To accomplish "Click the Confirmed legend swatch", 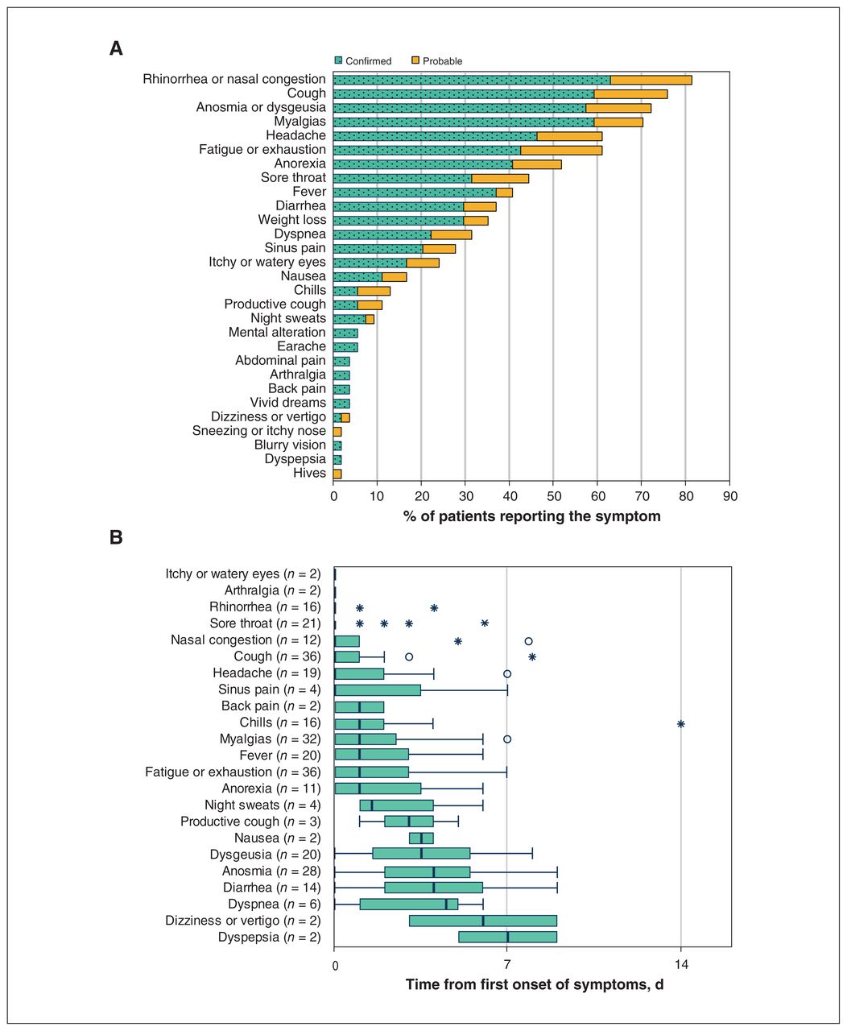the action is coord(338,60).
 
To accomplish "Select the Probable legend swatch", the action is coord(415,60).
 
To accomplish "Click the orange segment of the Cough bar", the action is coord(630,94).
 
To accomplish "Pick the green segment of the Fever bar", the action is coord(415,193).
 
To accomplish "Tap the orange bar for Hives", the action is coord(337,474).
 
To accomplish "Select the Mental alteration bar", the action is coord(345,333).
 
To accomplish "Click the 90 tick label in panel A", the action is coord(730,496).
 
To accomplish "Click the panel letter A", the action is coord(116,48).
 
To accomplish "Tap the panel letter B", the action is coord(116,537).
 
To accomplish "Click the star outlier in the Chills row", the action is coord(681,723).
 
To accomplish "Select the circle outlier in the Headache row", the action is coord(507,673).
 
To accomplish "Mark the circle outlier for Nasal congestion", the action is coord(528,641).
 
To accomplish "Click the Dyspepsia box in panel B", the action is coord(508,937).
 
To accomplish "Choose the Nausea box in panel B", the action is coord(421,838).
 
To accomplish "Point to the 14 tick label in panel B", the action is coord(681,965).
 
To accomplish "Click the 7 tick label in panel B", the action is coord(507,965).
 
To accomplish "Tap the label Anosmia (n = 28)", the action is coord(271,872).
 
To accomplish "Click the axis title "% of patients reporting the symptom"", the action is coord(531,516).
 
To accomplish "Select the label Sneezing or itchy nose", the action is coord(259,431).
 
